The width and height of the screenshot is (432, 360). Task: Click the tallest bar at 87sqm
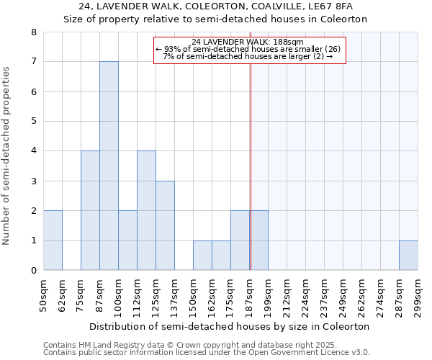click(109, 166)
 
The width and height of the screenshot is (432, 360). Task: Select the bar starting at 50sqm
click(53, 240)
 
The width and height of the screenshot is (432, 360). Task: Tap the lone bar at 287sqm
click(408, 256)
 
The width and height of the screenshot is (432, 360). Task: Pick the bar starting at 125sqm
click(165, 225)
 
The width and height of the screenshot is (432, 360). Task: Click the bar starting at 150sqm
click(202, 256)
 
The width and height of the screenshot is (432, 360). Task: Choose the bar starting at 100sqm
click(127, 240)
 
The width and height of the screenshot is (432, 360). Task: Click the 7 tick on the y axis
click(33, 62)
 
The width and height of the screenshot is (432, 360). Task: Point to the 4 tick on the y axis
click(33, 151)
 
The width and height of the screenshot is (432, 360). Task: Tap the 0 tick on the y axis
click(33, 271)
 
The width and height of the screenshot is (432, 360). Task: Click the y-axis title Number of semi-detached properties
click(7, 156)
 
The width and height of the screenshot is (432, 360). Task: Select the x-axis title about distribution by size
click(230, 326)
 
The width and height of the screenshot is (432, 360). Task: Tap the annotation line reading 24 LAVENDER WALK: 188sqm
click(248, 42)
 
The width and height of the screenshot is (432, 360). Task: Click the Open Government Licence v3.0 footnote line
click(207, 353)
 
